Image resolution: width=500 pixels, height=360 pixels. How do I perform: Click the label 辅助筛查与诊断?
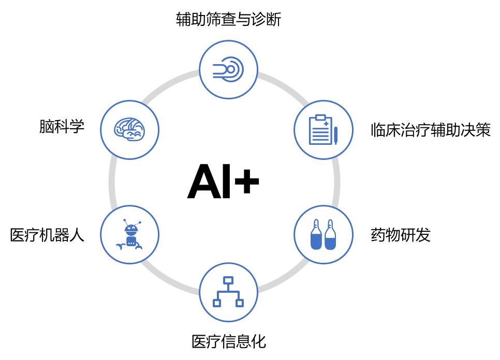[228, 19]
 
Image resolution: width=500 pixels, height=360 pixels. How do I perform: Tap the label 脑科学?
[62, 126]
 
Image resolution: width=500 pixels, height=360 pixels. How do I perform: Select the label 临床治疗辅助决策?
[431, 130]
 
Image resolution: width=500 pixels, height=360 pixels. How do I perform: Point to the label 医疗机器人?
[47, 235]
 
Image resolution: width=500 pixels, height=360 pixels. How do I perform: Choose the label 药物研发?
[401, 235]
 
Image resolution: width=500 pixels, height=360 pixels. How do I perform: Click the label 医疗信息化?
[229, 341]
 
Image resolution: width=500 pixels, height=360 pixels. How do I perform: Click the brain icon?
[129, 129]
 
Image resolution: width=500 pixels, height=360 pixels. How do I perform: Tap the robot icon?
[129, 234]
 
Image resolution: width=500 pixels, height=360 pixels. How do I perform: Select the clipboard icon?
[320, 130]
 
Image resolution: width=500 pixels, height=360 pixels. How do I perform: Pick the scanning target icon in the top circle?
[228, 69]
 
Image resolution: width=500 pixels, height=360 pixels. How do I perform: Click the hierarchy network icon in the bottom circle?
[228, 292]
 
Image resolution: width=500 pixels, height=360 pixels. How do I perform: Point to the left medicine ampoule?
[316, 234]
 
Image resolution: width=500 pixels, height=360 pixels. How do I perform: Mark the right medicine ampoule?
[330, 234]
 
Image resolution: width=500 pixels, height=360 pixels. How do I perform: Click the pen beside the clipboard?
[335, 136]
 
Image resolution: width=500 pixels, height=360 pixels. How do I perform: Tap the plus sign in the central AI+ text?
[246, 181]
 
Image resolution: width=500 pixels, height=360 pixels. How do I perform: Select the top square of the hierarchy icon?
[228, 280]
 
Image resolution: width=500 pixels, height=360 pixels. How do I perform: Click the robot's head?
[131, 229]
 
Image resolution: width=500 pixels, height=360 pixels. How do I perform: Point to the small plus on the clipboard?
[326, 124]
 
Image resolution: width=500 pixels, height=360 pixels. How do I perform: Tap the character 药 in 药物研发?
[378, 235]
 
